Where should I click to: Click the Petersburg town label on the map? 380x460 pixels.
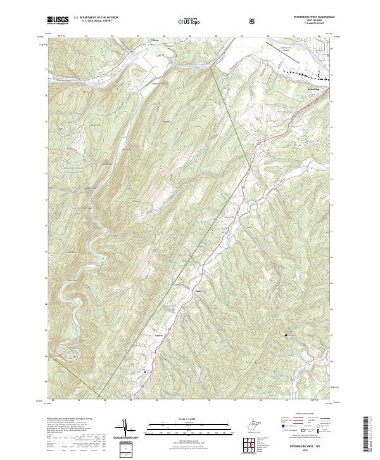click(315, 89)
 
